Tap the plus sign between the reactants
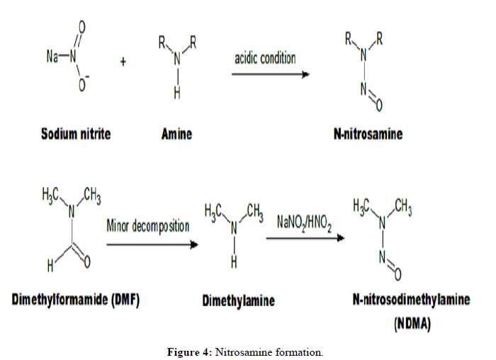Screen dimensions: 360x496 (123, 62)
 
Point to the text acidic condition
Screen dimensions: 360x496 (265, 57)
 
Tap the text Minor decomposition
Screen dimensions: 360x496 (148, 226)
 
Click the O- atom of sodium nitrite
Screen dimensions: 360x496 (84, 84)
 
